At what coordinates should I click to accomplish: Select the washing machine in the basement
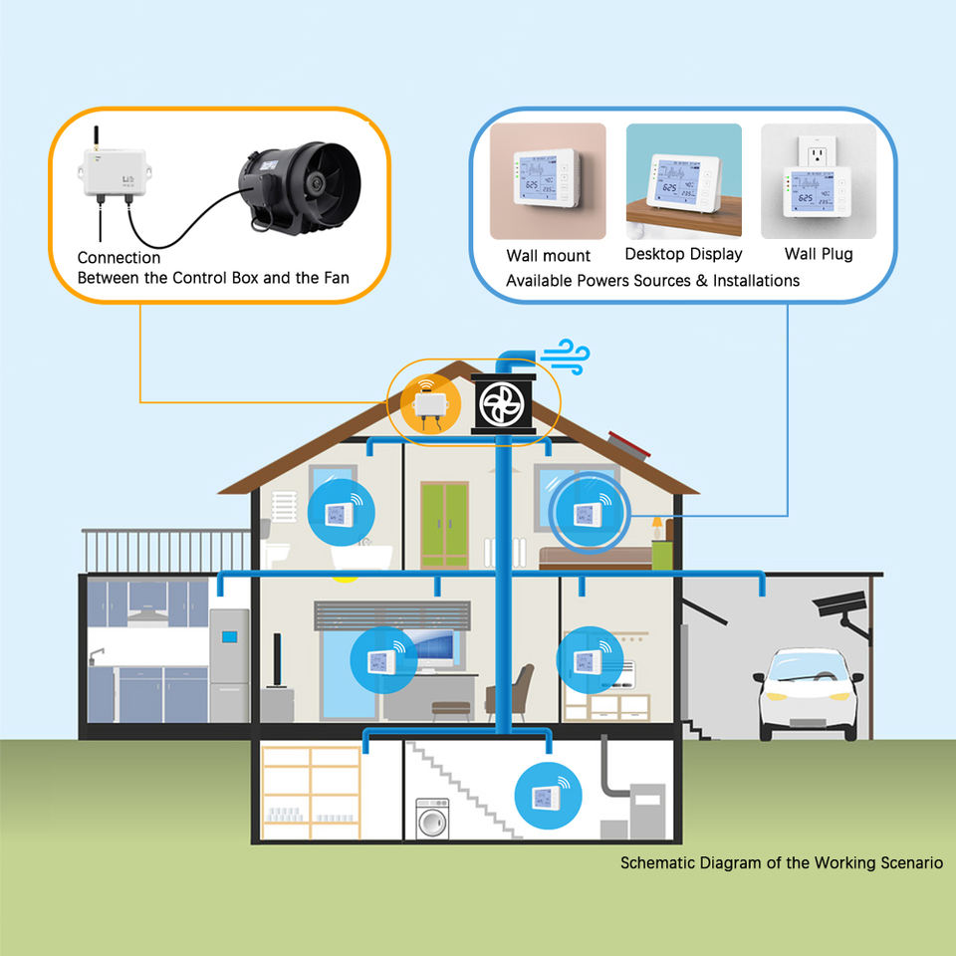tap(432, 820)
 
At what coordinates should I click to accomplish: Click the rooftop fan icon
tap(503, 403)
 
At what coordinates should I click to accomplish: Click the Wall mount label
tap(548, 256)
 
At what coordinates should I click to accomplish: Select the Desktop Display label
tap(683, 254)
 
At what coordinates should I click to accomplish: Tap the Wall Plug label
tap(819, 254)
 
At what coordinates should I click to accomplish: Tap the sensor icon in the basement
tap(547, 796)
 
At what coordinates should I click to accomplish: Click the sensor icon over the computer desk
tap(382, 660)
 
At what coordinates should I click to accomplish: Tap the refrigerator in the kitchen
tap(229, 664)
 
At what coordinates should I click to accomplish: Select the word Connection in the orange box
tap(119, 258)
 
